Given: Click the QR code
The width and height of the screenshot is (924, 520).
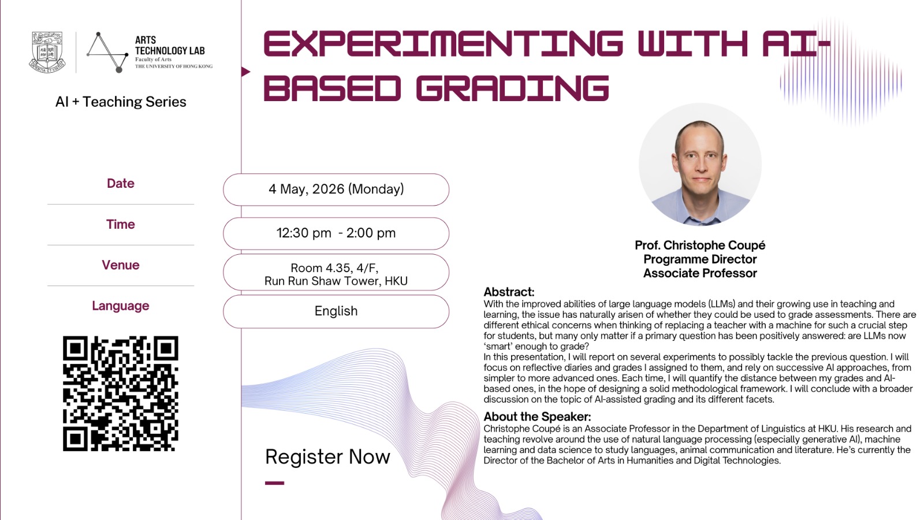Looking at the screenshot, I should [120, 393].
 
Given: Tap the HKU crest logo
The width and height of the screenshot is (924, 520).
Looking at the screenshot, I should [47, 53].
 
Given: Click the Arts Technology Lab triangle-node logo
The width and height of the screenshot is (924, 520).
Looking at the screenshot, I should [107, 53].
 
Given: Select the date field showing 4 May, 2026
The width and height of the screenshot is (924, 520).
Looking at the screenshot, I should [336, 190].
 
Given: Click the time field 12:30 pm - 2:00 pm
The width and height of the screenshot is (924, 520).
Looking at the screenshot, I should [336, 233].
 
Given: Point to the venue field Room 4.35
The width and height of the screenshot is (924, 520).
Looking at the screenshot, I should [336, 274].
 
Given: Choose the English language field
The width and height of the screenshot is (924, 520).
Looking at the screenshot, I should [336, 311].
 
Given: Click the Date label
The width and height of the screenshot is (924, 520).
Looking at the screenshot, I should [120, 184].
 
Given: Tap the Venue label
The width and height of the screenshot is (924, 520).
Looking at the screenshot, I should [120, 265].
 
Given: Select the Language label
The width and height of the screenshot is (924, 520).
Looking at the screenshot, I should [120, 306].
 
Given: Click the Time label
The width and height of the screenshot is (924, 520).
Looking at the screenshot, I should [120, 224].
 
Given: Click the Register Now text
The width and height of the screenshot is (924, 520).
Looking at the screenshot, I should [327, 457].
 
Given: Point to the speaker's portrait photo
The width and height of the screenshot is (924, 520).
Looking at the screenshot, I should [700, 165].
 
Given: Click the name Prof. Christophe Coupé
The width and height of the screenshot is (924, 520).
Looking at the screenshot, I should [700, 246].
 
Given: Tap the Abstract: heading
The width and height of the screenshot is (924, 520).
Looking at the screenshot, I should [509, 292].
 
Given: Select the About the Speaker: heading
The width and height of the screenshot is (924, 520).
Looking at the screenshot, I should [537, 417].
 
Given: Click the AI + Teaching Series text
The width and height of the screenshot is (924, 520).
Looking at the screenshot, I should [121, 102].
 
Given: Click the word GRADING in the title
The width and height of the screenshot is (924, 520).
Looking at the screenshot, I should [512, 88].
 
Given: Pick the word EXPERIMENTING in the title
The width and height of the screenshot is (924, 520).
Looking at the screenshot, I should [443, 44].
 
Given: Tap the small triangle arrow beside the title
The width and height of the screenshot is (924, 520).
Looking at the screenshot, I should [245, 72].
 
